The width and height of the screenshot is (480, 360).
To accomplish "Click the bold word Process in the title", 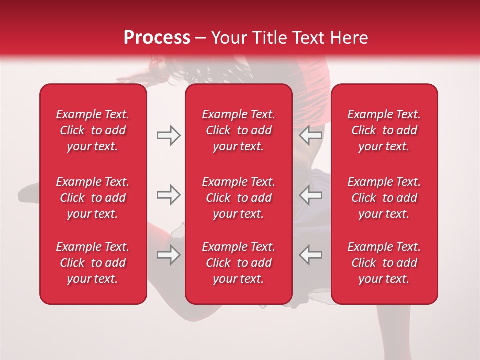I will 157,38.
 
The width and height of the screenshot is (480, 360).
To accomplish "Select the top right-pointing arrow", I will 168,135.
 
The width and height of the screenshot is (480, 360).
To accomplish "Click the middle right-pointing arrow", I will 168,195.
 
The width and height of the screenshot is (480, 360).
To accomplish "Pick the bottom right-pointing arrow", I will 168,255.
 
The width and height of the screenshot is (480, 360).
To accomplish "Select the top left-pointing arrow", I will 311,135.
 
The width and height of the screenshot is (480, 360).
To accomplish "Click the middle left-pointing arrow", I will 311,195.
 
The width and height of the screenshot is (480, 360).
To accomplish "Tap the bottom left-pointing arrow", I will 311,255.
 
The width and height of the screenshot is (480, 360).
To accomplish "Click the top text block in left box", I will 93,130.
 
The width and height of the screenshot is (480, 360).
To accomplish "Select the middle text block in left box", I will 93,198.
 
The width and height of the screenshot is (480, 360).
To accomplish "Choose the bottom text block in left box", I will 93,263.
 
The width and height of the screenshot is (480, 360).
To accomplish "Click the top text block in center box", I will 239,130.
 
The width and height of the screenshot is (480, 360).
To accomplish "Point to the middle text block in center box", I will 239,198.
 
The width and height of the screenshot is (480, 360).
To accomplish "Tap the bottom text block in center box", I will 239,263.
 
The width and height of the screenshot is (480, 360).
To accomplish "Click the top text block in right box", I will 384,130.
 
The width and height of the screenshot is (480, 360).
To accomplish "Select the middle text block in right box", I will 384,198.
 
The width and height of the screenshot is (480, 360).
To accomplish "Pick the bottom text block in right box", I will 384,263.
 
